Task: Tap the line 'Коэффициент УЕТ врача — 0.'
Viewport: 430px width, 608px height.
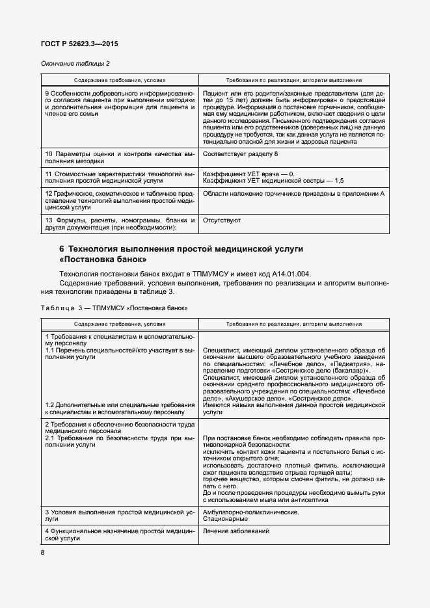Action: [249, 174]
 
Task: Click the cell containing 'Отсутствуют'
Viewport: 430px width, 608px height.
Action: [222, 220]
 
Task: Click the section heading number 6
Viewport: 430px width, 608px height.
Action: [62, 249]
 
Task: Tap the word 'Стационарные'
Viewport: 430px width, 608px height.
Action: [225, 520]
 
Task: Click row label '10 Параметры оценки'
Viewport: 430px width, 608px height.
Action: [83, 153]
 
